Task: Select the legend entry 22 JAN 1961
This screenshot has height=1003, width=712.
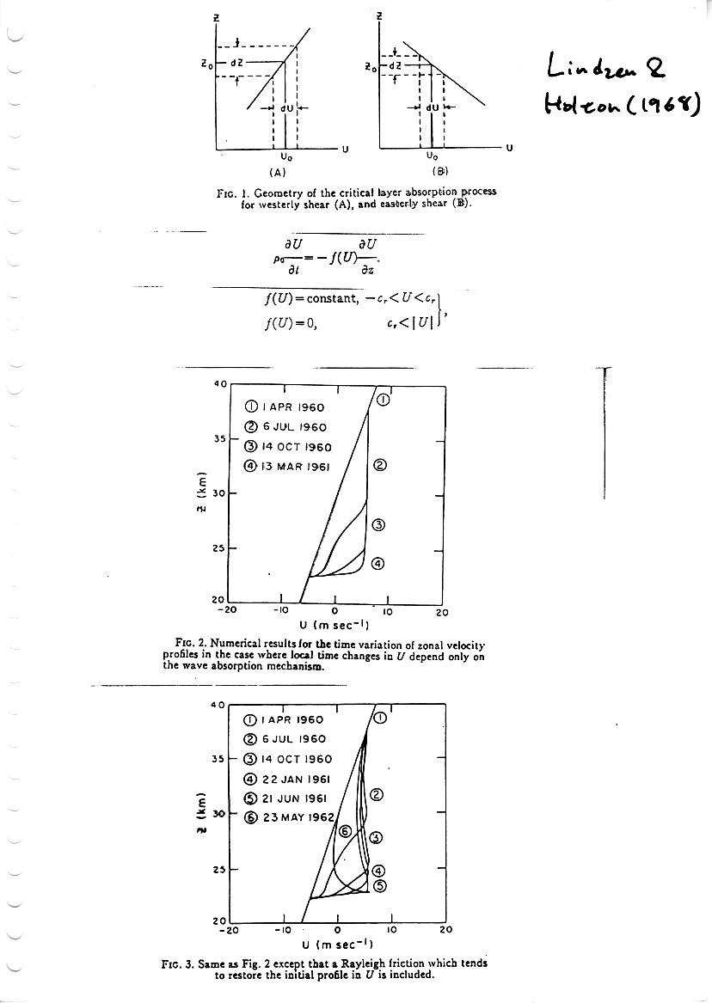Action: click(288, 779)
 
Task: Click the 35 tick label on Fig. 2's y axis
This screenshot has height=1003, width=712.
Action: click(218, 438)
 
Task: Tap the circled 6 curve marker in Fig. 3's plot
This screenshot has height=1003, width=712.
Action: click(345, 831)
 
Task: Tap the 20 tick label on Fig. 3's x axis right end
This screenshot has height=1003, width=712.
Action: click(445, 929)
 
